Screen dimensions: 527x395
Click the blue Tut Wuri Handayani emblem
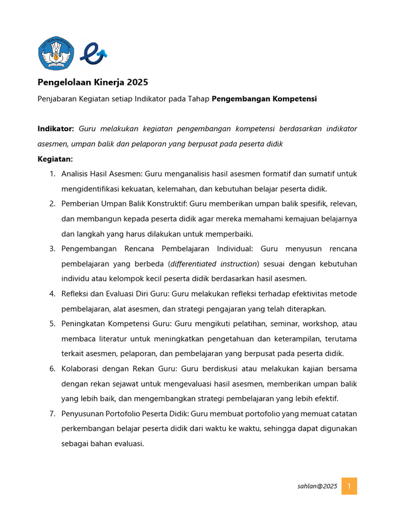coord(56,54)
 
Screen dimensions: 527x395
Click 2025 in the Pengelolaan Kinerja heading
coord(137,82)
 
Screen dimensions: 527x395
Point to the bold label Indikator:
coord(56,128)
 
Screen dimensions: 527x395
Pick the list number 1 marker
coord(52,173)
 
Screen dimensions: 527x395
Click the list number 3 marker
coord(52,249)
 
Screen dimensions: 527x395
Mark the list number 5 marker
coord(52,324)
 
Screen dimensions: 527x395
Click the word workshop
coord(318,324)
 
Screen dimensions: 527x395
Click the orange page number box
coord(349,486)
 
